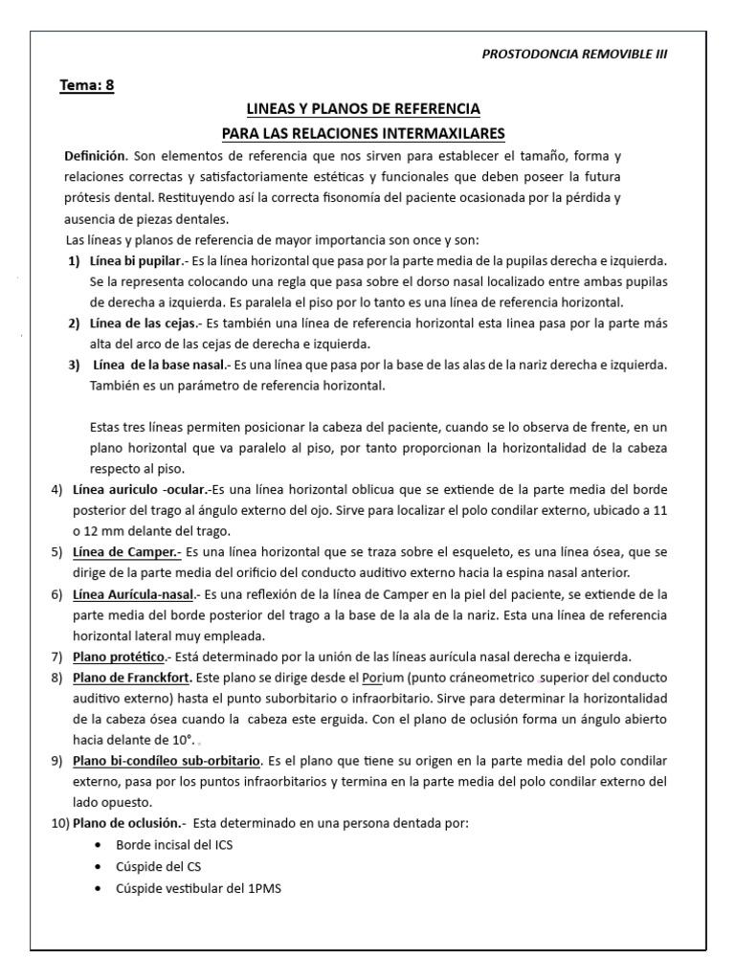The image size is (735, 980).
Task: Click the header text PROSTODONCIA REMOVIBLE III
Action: pos(574,54)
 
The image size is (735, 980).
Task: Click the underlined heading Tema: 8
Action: pos(87,85)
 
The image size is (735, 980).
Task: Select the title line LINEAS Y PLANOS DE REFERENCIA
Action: pos(363,110)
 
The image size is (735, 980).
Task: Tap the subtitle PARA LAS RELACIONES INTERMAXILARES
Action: pos(363,132)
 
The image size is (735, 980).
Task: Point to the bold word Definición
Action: pos(95,155)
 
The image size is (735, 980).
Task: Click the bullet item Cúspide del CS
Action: pos(158,866)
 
